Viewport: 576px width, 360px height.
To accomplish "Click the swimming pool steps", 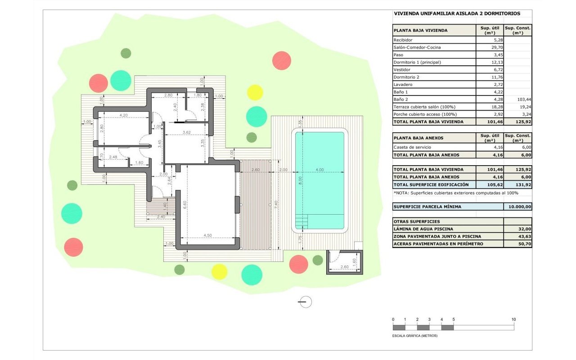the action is click(x=301, y=221).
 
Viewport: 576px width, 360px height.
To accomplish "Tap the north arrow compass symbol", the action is click(x=305, y=302).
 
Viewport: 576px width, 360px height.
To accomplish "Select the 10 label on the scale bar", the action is click(x=513, y=319).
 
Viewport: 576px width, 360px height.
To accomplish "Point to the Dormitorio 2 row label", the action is click(x=406, y=77).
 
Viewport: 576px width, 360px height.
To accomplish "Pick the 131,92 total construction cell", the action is click(x=523, y=184).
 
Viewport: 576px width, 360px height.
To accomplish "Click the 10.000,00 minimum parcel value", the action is click(x=520, y=207).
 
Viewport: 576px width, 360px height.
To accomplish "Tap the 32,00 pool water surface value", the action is click(x=525, y=229).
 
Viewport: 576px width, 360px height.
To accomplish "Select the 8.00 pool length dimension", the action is click(x=300, y=180).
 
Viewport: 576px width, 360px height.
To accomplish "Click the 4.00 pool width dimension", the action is click(x=319, y=170).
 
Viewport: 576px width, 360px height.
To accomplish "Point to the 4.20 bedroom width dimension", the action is click(x=123, y=115).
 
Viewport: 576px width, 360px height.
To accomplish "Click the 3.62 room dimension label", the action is click(x=186, y=132).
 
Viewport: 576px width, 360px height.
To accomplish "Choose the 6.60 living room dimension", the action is click(x=184, y=205).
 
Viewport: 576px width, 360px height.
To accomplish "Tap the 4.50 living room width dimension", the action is click(x=207, y=235).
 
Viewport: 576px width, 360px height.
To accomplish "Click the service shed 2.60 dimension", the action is click(x=344, y=267).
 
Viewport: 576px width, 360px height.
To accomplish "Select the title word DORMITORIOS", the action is click(x=502, y=13).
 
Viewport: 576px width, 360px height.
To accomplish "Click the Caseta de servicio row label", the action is click(x=412, y=147).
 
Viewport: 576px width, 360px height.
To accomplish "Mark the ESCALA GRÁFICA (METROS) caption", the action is click(x=414, y=336).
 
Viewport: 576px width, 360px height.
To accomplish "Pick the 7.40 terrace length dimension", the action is click(x=276, y=205).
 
